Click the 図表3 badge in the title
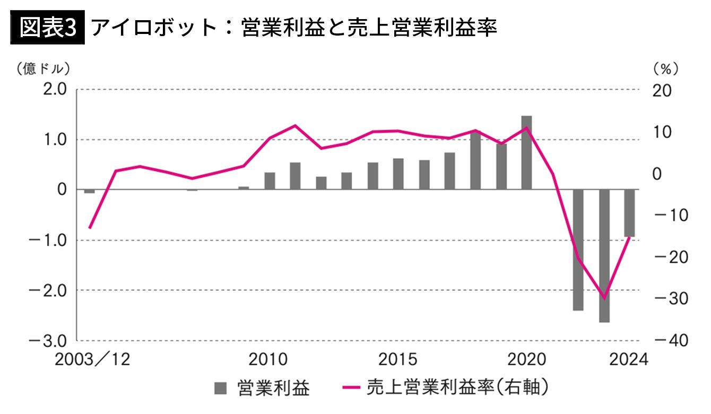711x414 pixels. [47, 28]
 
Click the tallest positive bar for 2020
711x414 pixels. [526, 152]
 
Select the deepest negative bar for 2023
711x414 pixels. [604, 255]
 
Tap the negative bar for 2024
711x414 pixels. [630, 213]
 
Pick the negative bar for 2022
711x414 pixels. [578, 249]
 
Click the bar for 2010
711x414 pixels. [270, 181]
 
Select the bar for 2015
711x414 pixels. [398, 174]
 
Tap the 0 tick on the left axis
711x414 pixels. [62, 190]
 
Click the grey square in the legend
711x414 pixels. [219, 388]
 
